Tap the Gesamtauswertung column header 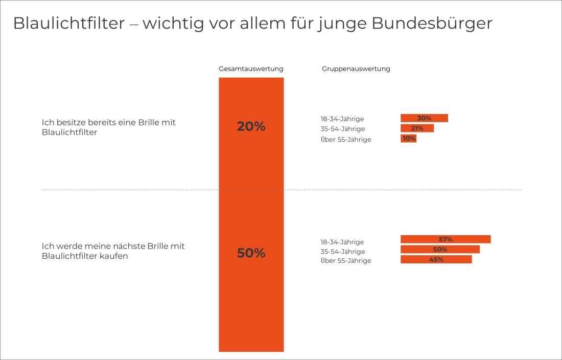251,69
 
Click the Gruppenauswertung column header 356,69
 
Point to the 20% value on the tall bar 251,127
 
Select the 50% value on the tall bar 251,253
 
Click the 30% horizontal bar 424,118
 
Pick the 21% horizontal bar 417,128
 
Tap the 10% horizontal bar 409,139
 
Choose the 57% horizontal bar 446,239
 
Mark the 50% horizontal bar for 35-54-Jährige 440,250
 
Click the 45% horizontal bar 436,259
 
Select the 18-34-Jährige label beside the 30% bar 342,119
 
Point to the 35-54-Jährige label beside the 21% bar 343,129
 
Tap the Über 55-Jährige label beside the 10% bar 346,139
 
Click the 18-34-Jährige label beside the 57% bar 342,242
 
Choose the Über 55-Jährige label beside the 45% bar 346,261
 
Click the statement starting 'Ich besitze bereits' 108,127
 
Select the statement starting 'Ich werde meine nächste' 113,251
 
